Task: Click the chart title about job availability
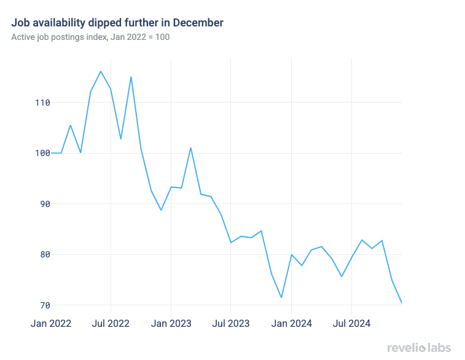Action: point(117,23)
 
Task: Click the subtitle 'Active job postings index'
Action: point(90,37)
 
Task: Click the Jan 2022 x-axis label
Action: point(51,323)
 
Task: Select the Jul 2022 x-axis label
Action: point(111,323)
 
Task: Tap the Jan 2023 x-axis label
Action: point(171,323)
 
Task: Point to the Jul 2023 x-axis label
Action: point(230,323)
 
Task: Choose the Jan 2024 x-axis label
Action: point(291,323)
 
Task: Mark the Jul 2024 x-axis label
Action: point(351,323)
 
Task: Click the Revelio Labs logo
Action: point(420,348)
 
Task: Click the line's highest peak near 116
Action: point(101,71)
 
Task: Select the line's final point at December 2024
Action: point(402,303)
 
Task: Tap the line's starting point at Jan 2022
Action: point(51,153)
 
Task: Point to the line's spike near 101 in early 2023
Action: point(191,147)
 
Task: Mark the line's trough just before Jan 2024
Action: point(281,298)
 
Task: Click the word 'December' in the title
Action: point(198,23)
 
